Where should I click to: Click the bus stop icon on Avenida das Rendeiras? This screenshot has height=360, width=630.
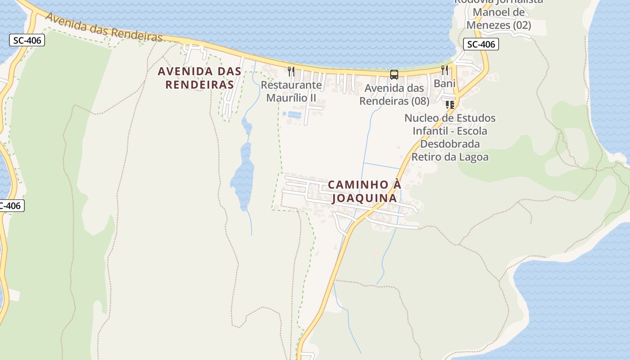point(394,75)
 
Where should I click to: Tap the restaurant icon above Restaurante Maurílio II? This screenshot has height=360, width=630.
point(291,71)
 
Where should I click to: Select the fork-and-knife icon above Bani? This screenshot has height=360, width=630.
point(445,70)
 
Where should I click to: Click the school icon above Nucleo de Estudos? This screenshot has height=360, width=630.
point(449,105)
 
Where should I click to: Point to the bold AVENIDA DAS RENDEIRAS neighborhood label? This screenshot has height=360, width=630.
point(199,78)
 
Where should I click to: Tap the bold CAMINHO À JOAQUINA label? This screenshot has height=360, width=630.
point(364,191)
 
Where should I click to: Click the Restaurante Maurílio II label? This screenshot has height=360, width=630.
point(291,91)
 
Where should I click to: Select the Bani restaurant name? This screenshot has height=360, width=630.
point(445,83)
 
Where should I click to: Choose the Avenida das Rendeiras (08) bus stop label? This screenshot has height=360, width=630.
point(394,94)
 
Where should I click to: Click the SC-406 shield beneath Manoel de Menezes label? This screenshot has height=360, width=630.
point(481,44)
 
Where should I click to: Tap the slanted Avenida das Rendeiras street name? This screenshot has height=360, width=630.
point(103,27)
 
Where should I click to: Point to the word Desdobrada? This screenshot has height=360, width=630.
point(450,144)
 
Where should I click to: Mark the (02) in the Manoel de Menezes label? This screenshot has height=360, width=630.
point(522,25)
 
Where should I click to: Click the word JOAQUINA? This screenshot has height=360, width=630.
point(364,198)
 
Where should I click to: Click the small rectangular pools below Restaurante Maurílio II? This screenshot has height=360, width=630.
point(292,115)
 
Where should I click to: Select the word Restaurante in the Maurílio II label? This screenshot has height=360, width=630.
point(291,85)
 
